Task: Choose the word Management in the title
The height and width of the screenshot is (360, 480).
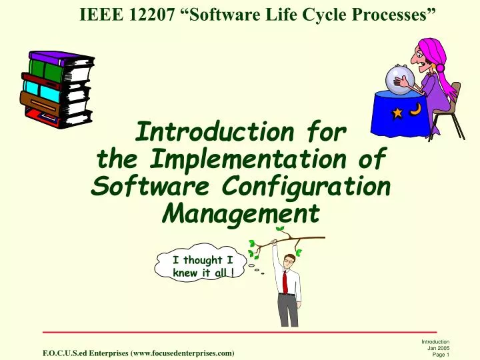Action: click(x=241, y=213)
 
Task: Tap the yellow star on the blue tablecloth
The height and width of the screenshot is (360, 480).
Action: click(x=397, y=113)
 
